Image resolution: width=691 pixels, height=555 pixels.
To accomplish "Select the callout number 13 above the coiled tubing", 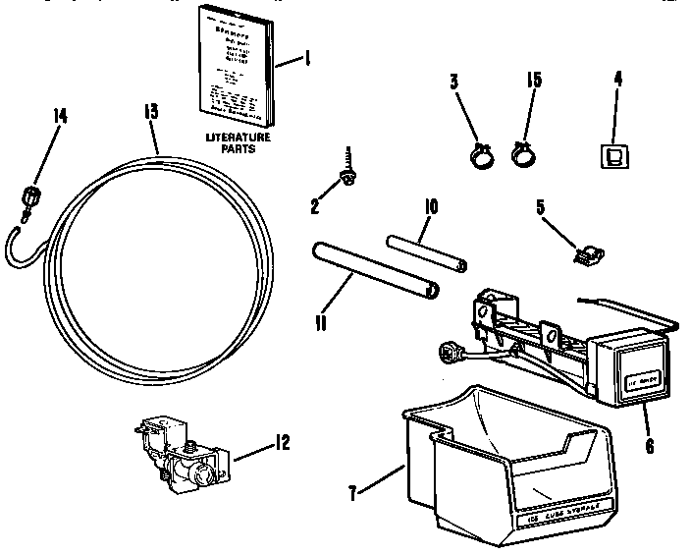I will pos(150,111).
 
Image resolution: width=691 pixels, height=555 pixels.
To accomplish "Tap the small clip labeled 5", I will pos(585,254).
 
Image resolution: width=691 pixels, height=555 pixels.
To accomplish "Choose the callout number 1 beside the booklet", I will pos(306,60).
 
